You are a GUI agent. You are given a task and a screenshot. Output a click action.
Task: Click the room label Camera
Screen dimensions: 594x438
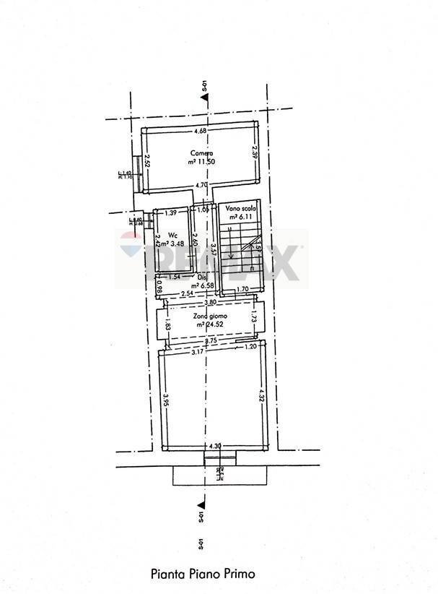pos(201,153)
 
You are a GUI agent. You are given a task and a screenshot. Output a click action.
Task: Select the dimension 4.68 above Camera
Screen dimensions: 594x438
pos(200,131)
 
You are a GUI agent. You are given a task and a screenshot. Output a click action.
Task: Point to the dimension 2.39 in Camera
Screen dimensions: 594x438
pos(254,153)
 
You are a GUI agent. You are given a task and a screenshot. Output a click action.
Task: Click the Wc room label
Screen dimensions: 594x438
pos(173,235)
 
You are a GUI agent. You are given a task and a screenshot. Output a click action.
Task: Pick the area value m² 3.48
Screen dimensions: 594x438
pos(173,244)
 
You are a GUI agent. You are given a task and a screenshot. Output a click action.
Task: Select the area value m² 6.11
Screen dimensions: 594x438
pos(239,216)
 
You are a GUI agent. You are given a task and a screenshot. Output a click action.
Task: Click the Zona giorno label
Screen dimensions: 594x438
pos(207,317)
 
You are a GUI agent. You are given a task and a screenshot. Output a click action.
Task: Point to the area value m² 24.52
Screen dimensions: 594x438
pos(207,324)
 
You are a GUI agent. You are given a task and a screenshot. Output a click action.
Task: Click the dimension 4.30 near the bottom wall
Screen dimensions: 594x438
pos(214,447)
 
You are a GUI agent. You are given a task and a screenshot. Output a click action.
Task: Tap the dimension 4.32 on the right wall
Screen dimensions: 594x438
pos(261,396)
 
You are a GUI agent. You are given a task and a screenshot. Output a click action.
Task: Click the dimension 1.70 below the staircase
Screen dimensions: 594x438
pos(242,289)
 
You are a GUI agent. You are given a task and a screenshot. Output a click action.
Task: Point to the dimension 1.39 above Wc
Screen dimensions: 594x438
pos(171,212)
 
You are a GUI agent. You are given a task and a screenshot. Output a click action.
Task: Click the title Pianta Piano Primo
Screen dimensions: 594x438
pos(203,574)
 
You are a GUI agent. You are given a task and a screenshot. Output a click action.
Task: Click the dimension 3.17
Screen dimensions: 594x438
pos(196,353)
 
